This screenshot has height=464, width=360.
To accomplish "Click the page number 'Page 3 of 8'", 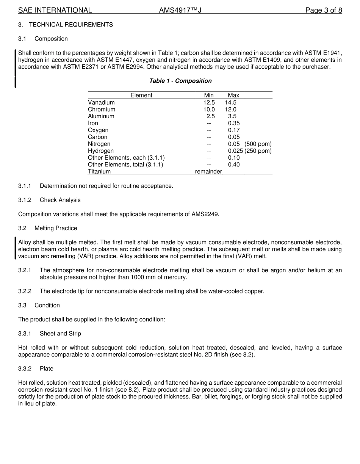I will (x=324, y=10).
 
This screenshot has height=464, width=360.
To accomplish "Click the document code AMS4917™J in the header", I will (x=180, y=10).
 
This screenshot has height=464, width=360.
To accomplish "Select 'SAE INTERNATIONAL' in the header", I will (x=55, y=10).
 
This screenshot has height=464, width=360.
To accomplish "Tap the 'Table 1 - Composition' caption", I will (x=180, y=81).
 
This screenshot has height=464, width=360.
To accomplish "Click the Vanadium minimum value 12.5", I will (x=209, y=102).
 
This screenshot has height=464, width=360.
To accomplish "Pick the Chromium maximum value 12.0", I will (x=230, y=109).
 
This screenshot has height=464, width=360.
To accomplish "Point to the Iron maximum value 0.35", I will (x=234, y=123).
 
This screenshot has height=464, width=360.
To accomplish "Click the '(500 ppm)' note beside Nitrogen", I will (x=258, y=144).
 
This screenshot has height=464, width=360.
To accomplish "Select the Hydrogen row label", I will (x=101, y=151).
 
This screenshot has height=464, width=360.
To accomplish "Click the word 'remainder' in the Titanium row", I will (x=208, y=171).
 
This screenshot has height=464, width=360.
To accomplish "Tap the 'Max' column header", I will (x=233, y=95).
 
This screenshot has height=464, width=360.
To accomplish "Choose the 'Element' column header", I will (x=141, y=95).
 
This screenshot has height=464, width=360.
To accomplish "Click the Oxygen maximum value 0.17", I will (x=234, y=130).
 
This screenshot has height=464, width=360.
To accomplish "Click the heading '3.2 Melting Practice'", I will (x=48, y=228).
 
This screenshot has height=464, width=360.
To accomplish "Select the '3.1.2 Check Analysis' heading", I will (x=49, y=200).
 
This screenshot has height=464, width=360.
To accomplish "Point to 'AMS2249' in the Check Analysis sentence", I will (x=207, y=214).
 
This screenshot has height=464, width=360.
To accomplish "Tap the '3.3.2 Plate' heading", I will (x=36, y=368).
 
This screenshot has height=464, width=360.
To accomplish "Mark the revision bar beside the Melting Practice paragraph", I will (x=15, y=248).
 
